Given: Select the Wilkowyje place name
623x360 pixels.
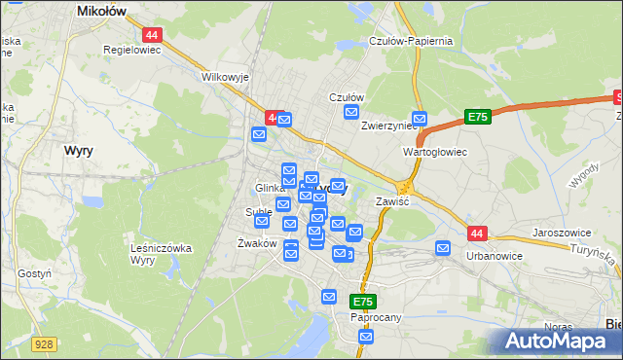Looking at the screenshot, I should (226, 76).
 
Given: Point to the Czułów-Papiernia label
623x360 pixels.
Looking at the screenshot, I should (412, 41).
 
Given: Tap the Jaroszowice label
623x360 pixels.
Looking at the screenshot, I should (564, 234).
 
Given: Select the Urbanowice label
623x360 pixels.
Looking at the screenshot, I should (495, 255).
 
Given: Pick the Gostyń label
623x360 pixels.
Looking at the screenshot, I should (34, 274).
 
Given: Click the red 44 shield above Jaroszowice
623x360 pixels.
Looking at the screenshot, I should (476, 234).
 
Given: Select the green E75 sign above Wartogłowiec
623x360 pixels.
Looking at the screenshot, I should (476, 117).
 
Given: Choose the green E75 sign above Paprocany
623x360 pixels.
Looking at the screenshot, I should (364, 303).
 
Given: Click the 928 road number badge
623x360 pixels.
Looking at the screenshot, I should (43, 343).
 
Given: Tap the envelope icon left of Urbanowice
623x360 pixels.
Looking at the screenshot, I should (444, 248).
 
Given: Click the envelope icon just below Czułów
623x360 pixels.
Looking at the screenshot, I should (352, 113).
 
